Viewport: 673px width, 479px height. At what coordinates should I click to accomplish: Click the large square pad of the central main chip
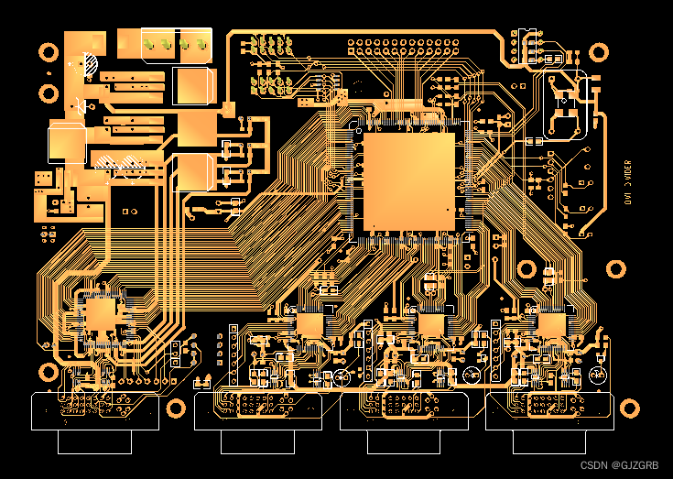coord(409,180)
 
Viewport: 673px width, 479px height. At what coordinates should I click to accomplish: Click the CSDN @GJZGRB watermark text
coord(620,466)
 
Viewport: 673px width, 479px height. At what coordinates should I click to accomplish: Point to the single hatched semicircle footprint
coord(90,65)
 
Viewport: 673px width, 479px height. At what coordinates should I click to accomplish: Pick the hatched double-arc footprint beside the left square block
coord(119,162)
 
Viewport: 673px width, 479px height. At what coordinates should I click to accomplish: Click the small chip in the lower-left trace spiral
coord(100,316)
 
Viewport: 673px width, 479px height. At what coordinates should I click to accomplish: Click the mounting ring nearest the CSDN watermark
coord(630,407)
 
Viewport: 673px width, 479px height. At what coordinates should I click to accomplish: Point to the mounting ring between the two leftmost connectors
coord(176,407)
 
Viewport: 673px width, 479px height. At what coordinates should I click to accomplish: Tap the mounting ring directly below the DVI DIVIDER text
coord(617,268)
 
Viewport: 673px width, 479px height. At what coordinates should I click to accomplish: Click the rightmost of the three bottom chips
coord(551,324)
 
